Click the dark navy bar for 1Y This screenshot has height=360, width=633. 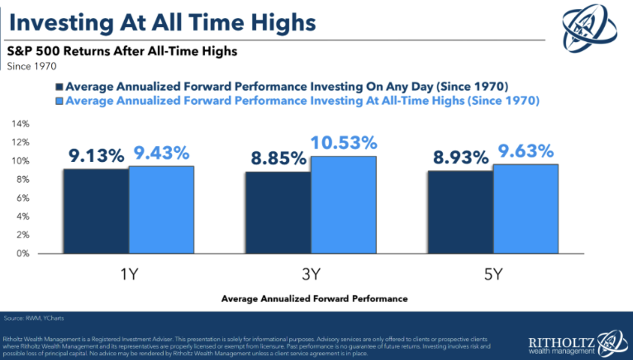click(x=96, y=211)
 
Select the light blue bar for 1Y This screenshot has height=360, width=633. click(x=161, y=210)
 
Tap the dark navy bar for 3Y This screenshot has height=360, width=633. click(x=278, y=212)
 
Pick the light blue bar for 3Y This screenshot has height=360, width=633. click(x=343, y=204)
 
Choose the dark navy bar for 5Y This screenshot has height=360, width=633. click(x=460, y=212)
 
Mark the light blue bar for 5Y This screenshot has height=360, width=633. click(x=526, y=209)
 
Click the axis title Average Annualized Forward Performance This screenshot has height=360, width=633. click(x=314, y=299)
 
